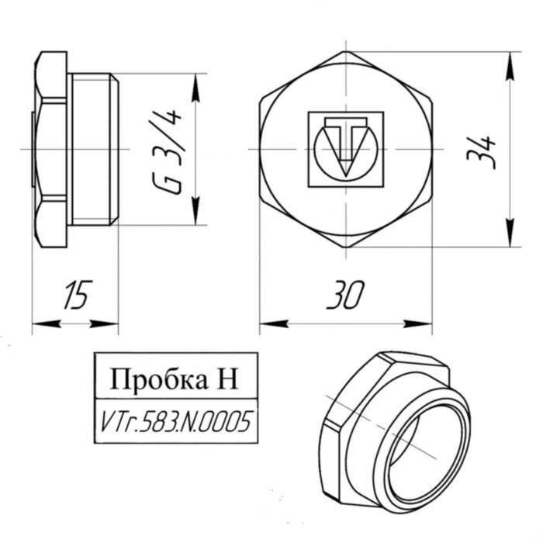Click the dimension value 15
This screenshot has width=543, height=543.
click(x=74, y=296)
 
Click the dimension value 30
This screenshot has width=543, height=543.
click(x=346, y=296)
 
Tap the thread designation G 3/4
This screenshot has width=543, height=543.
click(x=165, y=150)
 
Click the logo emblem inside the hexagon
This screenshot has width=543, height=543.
click(x=345, y=148)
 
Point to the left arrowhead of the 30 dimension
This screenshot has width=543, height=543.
click(x=268, y=323)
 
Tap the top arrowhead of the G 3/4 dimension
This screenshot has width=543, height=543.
click(x=195, y=84)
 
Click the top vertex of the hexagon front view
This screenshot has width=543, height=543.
click(x=345, y=53)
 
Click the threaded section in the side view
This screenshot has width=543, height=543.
click(x=94, y=149)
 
